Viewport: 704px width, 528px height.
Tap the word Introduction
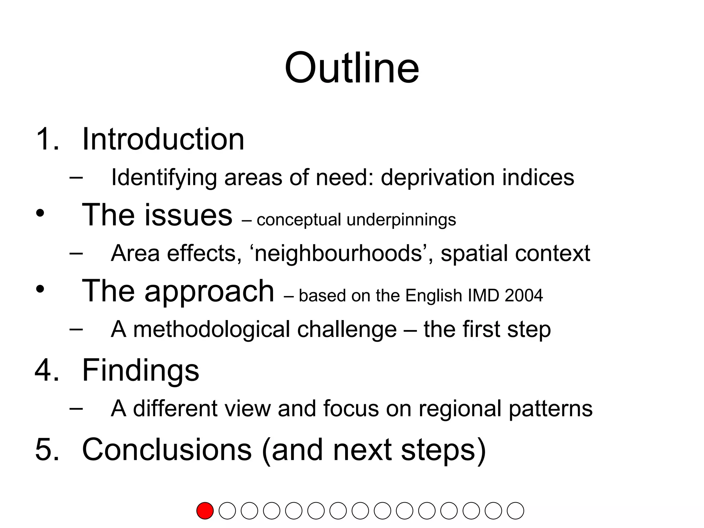pyautogui.click(x=163, y=139)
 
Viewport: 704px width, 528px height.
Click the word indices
pyautogui.click(x=538, y=177)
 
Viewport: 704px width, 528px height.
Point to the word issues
pyautogui.click(x=188, y=215)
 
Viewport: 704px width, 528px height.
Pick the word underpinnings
pyautogui.click(x=401, y=220)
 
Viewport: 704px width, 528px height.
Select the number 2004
pyautogui.click(x=524, y=296)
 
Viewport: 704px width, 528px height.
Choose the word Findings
pyautogui.click(x=141, y=370)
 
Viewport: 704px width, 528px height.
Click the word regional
pyautogui.click(x=460, y=409)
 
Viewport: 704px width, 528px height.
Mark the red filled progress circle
pyautogui.click(x=205, y=510)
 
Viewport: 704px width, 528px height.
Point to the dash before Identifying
pyautogui.click(x=76, y=177)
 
